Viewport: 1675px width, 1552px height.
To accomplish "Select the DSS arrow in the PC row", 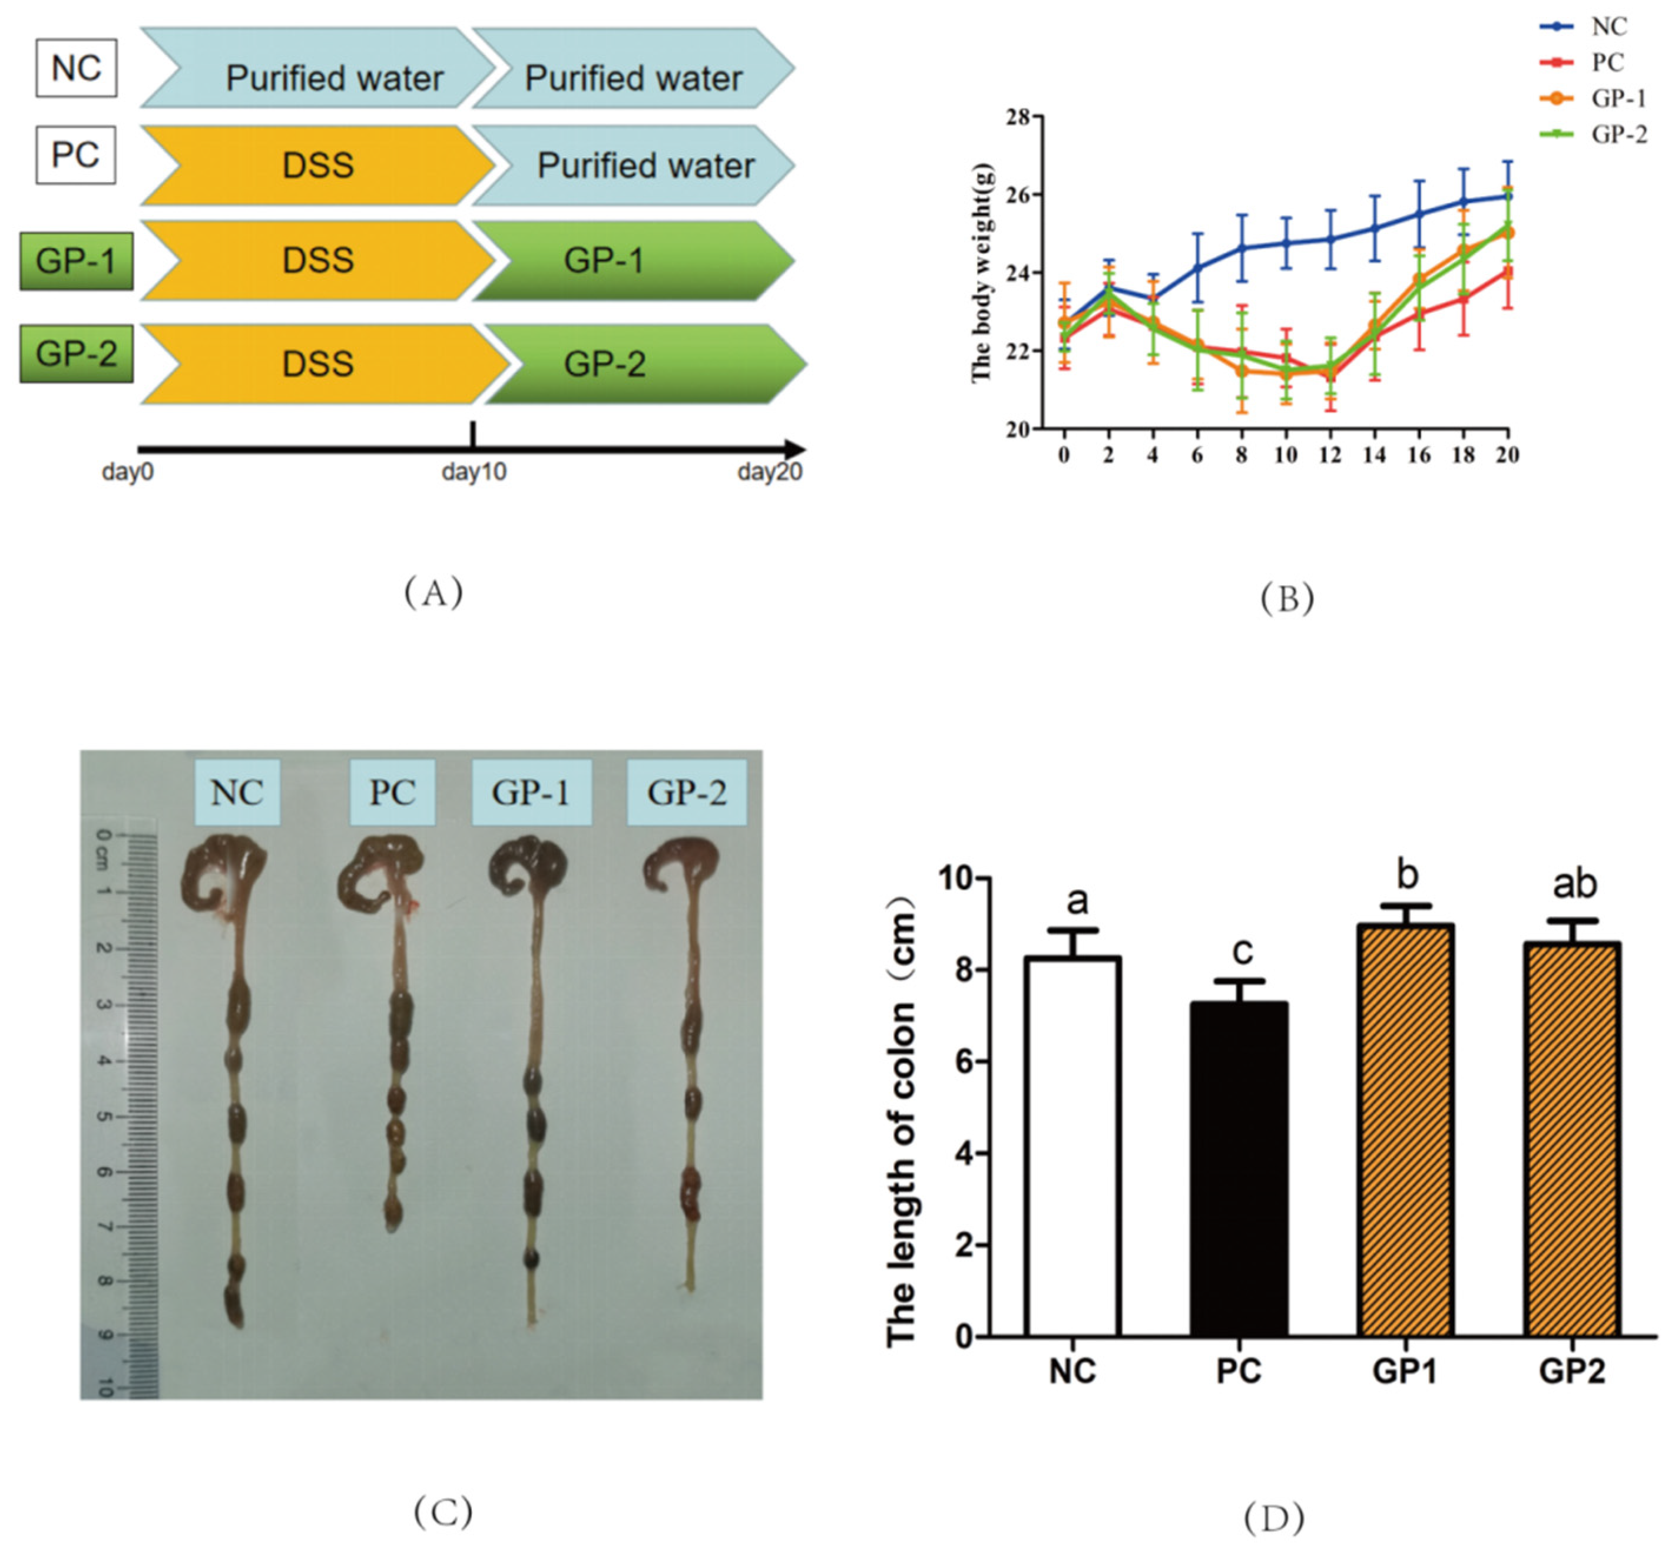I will point(317,166).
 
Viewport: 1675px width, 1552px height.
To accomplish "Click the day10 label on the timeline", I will point(474,472).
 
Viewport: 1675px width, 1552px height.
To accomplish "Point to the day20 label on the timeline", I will point(769,472).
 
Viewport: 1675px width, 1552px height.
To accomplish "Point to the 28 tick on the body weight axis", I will point(1018,117).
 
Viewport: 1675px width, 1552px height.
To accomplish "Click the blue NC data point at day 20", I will point(1508,196).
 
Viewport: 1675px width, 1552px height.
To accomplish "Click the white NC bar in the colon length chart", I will point(1072,1147).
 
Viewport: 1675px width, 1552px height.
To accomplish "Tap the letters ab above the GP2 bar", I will point(1574,883).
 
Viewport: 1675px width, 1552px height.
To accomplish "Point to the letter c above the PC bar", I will point(1242,950).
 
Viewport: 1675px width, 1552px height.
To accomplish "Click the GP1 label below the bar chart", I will point(1405,1372).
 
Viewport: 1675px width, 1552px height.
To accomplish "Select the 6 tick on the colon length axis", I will point(965,1062).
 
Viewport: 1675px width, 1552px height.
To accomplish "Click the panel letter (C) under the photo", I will point(442,1511).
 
